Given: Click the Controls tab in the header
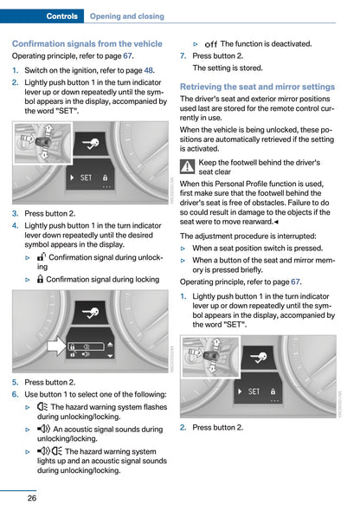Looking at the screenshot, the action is [x=61, y=16].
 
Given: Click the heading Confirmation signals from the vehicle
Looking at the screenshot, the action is [x=87, y=43].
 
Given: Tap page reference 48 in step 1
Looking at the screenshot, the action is [x=149, y=70].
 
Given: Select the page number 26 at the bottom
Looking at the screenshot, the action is [x=32, y=498].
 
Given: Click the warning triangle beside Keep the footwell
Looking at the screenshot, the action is [x=188, y=166].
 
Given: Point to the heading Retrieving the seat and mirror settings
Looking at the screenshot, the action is [x=257, y=87].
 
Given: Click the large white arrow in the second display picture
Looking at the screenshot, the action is [x=56, y=346].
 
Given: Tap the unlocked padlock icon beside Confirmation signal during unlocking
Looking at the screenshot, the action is [x=42, y=257].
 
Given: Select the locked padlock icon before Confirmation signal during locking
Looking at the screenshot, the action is [x=40, y=279].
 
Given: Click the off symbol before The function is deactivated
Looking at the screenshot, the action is [x=211, y=44].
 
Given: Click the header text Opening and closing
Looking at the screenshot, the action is [x=127, y=16].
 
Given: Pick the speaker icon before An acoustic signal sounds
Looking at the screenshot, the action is [x=43, y=429].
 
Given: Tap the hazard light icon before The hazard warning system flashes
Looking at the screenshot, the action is [x=42, y=407].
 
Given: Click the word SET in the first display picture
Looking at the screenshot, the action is [x=86, y=178].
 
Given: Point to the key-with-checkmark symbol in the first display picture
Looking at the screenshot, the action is [x=90, y=144].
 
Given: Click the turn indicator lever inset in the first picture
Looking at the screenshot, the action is [x=43, y=143].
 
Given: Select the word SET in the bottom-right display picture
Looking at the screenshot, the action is [x=254, y=391].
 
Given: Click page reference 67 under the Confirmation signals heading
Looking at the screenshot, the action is [x=127, y=56].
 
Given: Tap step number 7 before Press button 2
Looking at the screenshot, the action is [x=183, y=56].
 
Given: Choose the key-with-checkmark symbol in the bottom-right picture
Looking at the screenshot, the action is [x=259, y=358].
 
